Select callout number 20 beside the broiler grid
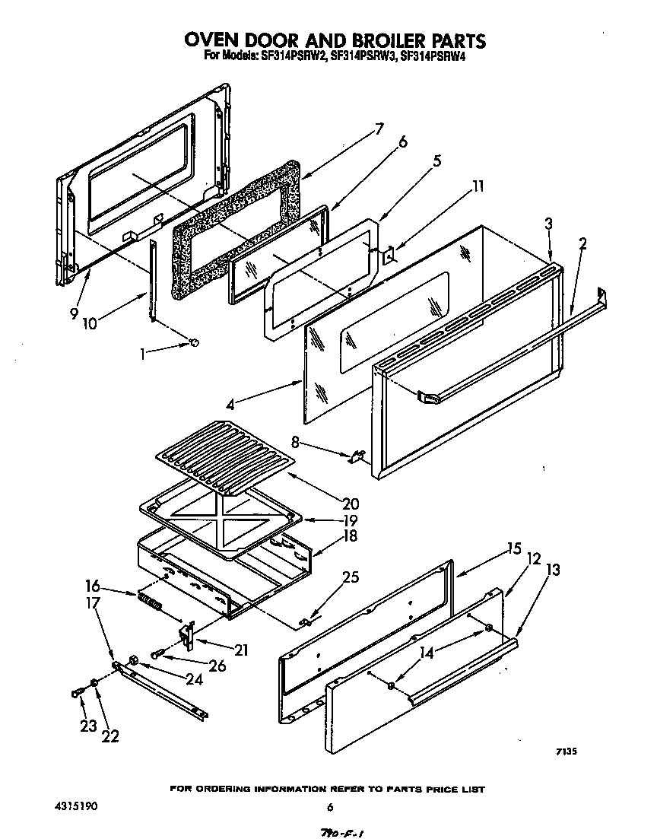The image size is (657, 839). pyautogui.click(x=351, y=503)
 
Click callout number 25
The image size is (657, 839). pyautogui.click(x=350, y=578)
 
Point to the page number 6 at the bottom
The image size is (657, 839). pyautogui.click(x=329, y=808)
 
